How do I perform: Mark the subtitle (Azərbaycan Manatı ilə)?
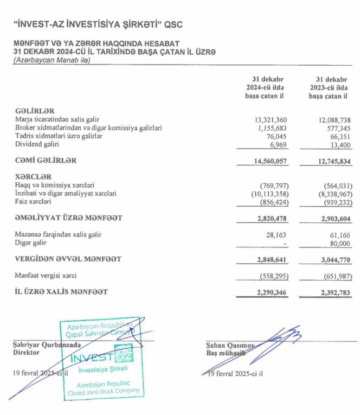pyautogui.click(x=51, y=60)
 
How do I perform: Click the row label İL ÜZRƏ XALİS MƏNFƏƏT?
pyautogui.click(x=61, y=292)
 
